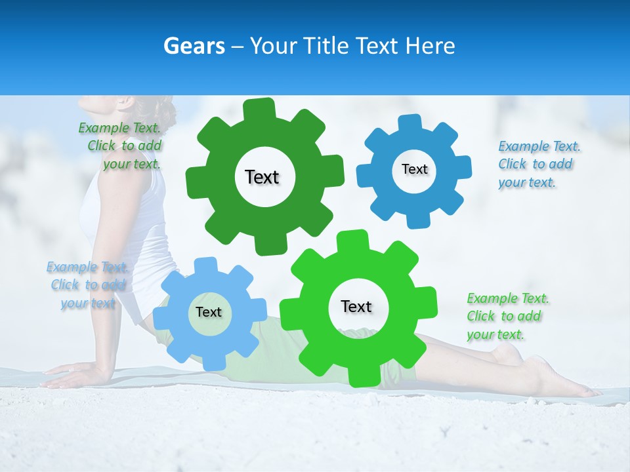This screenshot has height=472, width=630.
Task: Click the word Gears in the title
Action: pyautogui.click(x=194, y=46)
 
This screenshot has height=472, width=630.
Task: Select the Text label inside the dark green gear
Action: pyautogui.click(x=262, y=177)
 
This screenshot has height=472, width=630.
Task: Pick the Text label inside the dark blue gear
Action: pyautogui.click(x=414, y=169)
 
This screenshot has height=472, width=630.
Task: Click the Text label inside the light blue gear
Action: pyautogui.click(x=209, y=312)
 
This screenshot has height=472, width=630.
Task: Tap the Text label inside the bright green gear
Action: pyautogui.click(x=356, y=306)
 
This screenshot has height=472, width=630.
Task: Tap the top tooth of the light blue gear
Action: pyautogui.click(x=205, y=265)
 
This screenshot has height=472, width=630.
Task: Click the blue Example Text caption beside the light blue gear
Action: pyautogui.click(x=87, y=285)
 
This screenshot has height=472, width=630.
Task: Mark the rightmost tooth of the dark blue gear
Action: pyautogui.click(x=463, y=167)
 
